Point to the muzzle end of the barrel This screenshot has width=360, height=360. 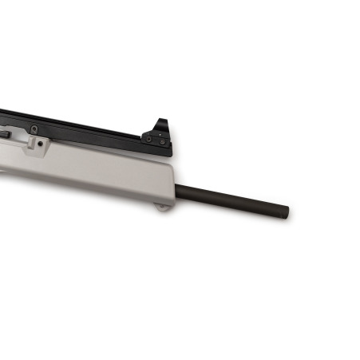(285, 213)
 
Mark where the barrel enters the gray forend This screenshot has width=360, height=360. (177, 188)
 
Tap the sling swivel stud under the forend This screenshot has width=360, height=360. (163, 208)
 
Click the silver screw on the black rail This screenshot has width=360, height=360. (34, 129)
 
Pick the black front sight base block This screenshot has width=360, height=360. (156, 140)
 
